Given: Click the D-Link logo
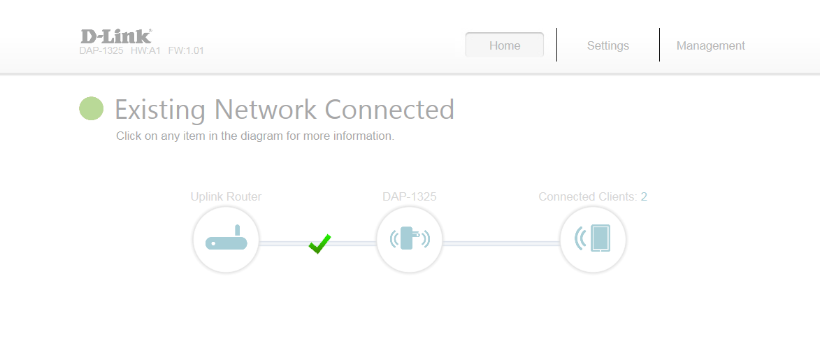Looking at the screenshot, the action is pos(116,36).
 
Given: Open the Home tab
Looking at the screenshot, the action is pos(505,45).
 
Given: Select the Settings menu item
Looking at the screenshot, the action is pos(607,45).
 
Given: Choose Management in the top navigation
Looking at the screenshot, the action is pos(711,45).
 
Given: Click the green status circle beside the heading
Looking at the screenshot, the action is pos(91,108).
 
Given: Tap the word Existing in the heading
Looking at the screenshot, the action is pos(160,110).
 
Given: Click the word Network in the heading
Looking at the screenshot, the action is pos(266,109).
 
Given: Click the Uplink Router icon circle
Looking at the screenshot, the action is pos(226,240).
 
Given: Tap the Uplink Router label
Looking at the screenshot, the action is pos(226,196).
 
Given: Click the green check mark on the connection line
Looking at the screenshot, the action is pos(319,244).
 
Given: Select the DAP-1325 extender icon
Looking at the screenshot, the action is pos(410,240).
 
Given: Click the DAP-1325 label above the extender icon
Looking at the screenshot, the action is pos(410,196).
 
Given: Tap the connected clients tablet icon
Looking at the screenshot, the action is pos(593,240).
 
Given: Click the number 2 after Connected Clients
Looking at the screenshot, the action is pos(644,196).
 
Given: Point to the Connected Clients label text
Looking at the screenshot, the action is pos(588,196).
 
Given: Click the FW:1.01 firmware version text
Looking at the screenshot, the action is pos(186,51).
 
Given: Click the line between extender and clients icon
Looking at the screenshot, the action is pos(501,243).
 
